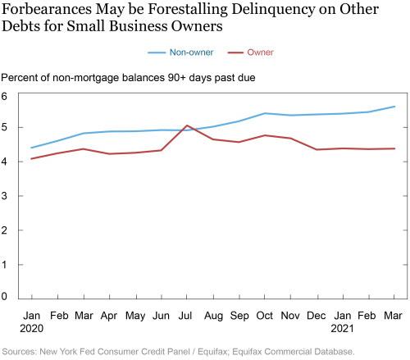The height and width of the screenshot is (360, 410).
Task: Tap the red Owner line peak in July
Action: click(187, 125)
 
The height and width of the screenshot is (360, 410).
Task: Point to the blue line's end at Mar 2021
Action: click(394, 107)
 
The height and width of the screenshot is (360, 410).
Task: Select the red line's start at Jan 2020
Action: click(31, 159)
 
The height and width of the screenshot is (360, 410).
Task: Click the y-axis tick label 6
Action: click(4, 96)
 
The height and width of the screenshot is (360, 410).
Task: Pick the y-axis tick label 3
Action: click(4, 196)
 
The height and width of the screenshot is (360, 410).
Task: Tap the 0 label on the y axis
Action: click(4, 296)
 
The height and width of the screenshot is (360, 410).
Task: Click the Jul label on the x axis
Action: click(185, 316)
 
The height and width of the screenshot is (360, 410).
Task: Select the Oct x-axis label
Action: click(264, 316)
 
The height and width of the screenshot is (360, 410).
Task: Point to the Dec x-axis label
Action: click(317, 316)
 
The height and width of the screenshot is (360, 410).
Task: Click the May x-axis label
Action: click(135, 316)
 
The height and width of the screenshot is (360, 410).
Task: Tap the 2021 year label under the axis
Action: click(342, 328)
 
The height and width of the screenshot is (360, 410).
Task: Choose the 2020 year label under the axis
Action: click(32, 328)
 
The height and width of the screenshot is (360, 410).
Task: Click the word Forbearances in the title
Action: click(47, 9)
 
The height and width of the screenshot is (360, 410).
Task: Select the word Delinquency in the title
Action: click(273, 10)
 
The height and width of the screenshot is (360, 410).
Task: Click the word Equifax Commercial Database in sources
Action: click(294, 352)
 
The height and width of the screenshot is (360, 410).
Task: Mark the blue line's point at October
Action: click(265, 113)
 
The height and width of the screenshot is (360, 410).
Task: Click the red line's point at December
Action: click(317, 149)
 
